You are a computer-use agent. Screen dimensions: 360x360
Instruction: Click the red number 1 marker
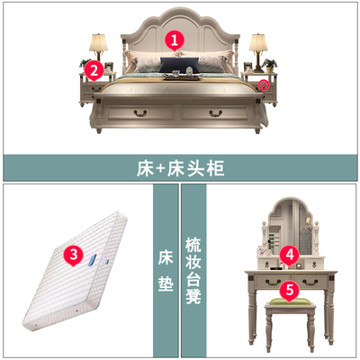175,40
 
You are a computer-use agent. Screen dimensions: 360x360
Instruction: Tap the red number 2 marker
94,71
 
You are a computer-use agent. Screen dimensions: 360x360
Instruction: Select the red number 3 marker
74,256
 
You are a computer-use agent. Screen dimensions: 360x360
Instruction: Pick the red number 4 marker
290,256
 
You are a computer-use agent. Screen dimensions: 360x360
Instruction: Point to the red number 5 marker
290,291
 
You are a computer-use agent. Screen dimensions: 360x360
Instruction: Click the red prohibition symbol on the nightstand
262,85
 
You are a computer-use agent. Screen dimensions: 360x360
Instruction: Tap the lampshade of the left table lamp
98,42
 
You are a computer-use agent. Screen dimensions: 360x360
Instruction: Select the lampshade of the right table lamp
258,42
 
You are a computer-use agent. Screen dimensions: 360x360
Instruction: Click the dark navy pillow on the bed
179,65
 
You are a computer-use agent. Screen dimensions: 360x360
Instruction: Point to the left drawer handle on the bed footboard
140,113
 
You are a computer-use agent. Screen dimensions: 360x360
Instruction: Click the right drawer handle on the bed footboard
216,113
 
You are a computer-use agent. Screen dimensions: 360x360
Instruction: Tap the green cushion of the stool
290,301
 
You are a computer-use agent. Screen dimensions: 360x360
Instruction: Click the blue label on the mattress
93,260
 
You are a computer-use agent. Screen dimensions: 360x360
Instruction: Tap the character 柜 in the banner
215,169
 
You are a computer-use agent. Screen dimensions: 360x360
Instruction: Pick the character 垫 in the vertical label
166,283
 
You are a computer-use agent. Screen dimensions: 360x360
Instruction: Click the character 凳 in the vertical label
193,295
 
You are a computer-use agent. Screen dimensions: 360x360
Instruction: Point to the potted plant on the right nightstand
270,66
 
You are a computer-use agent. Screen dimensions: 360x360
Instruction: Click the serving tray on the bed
182,77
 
